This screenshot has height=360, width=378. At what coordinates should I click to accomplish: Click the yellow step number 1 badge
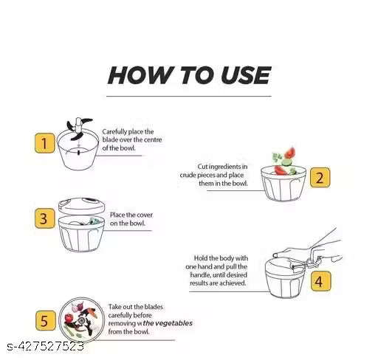(44, 143)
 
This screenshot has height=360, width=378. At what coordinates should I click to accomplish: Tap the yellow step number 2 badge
(320, 178)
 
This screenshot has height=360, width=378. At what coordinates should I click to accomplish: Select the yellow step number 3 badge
(44, 218)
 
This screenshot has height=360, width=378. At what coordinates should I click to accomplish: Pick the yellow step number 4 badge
(320, 281)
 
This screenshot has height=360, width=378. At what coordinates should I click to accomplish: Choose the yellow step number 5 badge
(46, 320)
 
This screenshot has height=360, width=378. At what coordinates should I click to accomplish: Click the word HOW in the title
(140, 75)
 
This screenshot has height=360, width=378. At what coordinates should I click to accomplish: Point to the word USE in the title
(246, 75)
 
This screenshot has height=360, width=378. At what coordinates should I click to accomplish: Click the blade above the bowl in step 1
(79, 129)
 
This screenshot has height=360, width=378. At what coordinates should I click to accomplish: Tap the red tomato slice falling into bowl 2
(290, 153)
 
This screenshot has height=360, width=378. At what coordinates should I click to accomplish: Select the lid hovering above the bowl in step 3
(81, 206)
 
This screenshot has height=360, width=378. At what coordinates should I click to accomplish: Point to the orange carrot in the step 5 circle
(92, 313)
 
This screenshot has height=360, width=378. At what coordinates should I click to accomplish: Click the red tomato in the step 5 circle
(68, 319)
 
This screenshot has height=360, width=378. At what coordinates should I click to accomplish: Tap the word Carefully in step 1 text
(114, 132)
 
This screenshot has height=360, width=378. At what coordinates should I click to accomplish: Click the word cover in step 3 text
(145, 215)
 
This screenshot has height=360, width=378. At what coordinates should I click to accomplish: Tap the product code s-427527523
(46, 347)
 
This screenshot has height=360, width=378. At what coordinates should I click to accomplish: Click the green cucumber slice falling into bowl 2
(286, 162)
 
